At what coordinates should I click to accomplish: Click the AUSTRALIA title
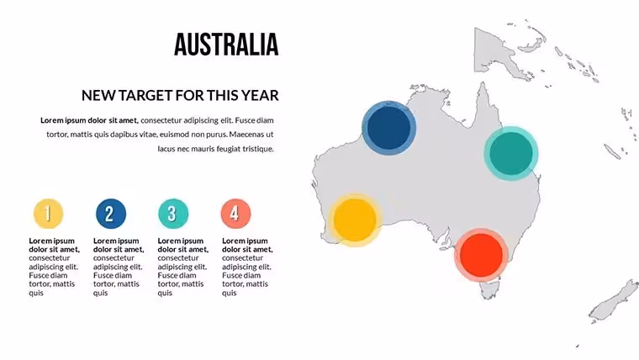click(226, 45)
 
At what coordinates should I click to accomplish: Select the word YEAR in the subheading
click(260, 95)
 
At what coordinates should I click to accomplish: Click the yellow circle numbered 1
click(48, 214)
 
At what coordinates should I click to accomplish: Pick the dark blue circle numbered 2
click(111, 214)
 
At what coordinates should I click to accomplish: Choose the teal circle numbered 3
click(173, 214)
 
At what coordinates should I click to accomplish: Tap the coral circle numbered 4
click(235, 214)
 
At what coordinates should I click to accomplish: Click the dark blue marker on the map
click(388, 128)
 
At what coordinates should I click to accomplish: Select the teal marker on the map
click(511, 153)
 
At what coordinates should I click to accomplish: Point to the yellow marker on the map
click(355, 220)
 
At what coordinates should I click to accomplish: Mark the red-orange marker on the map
click(481, 255)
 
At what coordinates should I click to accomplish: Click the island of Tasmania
click(489, 290)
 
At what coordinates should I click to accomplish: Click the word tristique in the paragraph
click(258, 149)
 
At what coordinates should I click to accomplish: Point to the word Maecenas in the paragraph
click(246, 134)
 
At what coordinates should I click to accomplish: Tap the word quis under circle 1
click(36, 294)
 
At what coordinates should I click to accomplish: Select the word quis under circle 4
click(229, 294)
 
